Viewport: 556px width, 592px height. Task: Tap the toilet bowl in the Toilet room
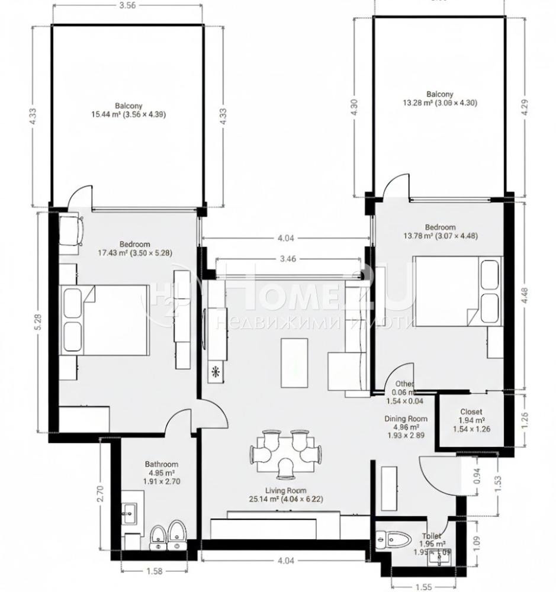(x=396, y=540)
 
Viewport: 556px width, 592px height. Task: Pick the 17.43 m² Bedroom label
(x=135, y=248)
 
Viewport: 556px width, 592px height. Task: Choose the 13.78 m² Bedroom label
(x=441, y=231)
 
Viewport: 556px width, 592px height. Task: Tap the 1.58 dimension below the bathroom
(x=153, y=571)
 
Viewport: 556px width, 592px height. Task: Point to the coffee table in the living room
(x=294, y=363)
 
